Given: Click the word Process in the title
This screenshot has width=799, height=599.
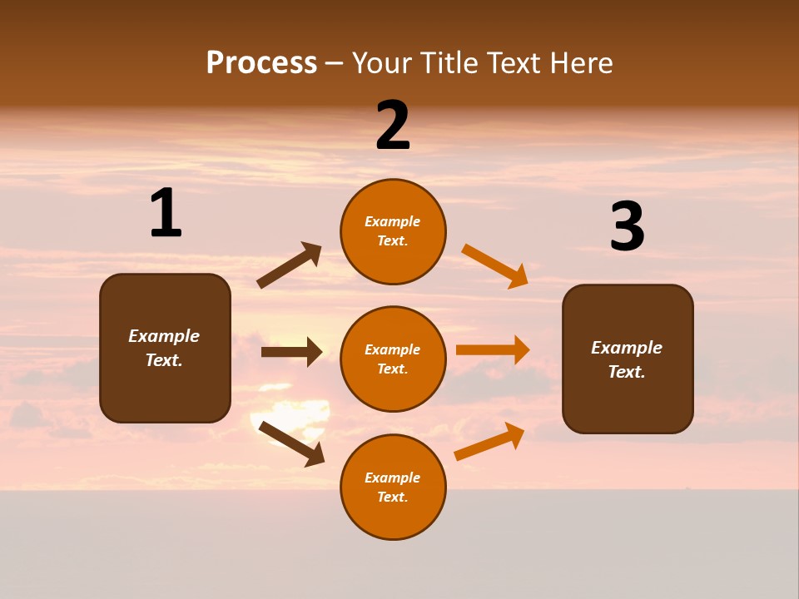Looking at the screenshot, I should pos(261,63).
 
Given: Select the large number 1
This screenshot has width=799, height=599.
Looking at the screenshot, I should pos(166,213).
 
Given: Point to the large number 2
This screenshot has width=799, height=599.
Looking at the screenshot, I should pos(393,126).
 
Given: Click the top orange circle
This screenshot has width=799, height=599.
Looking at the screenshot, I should pos(393,231).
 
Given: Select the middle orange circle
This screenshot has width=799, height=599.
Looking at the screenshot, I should pos(393,359).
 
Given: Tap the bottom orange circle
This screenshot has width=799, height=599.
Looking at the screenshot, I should pos(393,487).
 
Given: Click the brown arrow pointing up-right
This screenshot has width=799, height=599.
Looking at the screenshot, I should pos(290,265).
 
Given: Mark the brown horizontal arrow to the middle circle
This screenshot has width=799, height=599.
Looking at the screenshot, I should pos(291,352).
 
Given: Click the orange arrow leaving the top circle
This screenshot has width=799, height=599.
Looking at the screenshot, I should pos(495,265).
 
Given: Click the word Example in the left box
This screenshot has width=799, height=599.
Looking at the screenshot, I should pos(164,336).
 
